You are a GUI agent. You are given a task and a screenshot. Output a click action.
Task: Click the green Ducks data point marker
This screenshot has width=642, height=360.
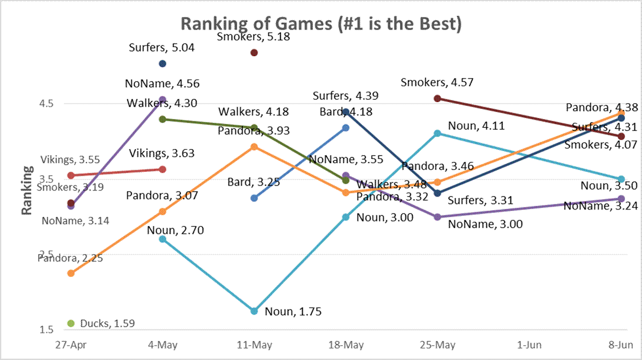[71, 323]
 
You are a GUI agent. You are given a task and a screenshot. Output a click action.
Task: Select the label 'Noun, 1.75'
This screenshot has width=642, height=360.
[293, 312]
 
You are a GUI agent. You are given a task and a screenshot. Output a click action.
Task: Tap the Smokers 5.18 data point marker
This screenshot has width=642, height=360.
[254, 53]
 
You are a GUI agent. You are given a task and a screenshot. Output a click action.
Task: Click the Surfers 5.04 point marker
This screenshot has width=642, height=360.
[162, 64]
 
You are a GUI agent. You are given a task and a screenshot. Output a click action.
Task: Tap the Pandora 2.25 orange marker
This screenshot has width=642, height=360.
[71, 273]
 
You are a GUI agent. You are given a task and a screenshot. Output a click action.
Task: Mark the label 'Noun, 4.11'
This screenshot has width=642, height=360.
[476, 126]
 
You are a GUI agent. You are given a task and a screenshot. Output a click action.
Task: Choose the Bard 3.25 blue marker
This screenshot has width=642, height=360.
[254, 198]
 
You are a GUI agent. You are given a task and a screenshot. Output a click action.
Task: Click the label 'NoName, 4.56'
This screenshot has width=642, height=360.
[162, 84]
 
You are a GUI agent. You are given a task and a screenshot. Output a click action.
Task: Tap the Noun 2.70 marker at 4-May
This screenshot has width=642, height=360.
[162, 239]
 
